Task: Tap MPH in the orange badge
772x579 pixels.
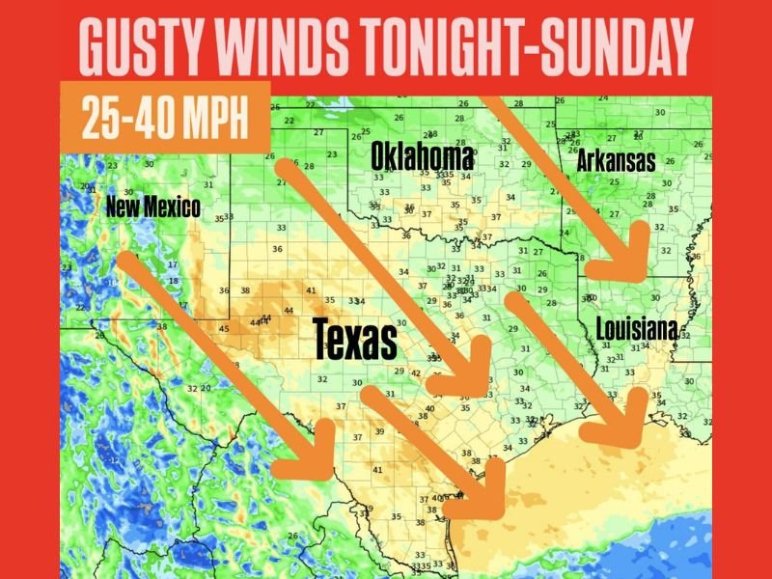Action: click(214, 119)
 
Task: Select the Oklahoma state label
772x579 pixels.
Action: click(423, 156)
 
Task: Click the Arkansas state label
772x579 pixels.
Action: click(616, 160)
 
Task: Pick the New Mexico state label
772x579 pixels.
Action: click(152, 206)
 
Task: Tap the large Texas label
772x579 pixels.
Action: click(355, 340)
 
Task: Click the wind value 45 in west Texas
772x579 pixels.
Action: click(224, 329)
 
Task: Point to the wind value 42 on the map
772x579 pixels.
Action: click(415, 373)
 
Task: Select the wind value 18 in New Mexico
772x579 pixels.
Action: click(173, 280)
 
